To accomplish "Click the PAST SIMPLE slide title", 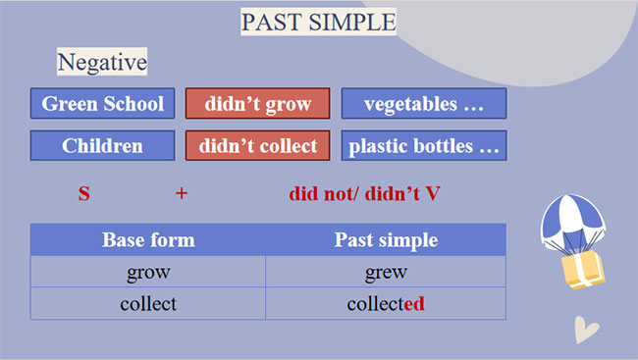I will pyautogui.click(x=318, y=21).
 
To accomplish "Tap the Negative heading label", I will pyautogui.click(x=102, y=63).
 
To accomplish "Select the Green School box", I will pyautogui.click(x=103, y=104).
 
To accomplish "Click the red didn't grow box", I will pyautogui.click(x=257, y=104).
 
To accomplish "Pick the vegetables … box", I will pyautogui.click(x=423, y=104).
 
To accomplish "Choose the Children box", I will pyautogui.click(x=103, y=146).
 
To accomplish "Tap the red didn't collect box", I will pyautogui.click(x=257, y=146).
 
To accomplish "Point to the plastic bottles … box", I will pyautogui.click(x=423, y=146).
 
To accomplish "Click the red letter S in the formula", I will pyautogui.click(x=83, y=193).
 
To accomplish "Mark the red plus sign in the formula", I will pyautogui.click(x=181, y=193).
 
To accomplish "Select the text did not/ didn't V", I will pyautogui.click(x=364, y=193).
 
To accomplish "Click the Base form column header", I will pyautogui.click(x=148, y=240).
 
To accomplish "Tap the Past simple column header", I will pyautogui.click(x=386, y=240).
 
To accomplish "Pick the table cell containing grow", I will pyautogui.click(x=148, y=272).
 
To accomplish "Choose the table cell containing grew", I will pyautogui.click(x=386, y=272).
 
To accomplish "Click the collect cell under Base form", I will pyautogui.click(x=148, y=303).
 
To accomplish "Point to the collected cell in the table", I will pyautogui.click(x=386, y=303).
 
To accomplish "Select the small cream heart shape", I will pyautogui.click(x=587, y=329).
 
